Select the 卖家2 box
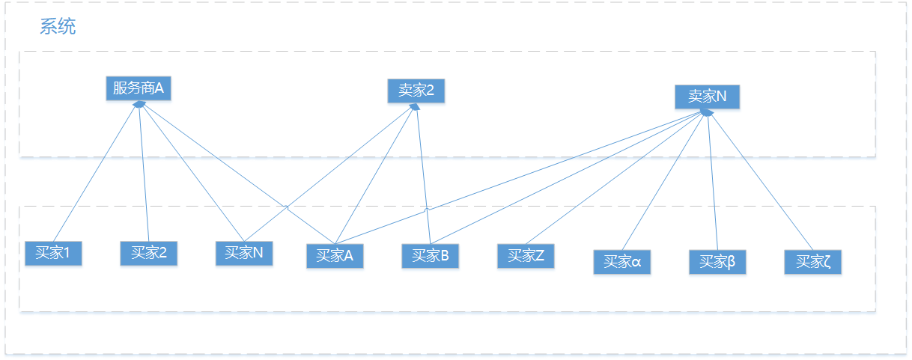tap(416, 91)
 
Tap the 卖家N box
tap(707, 97)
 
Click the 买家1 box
tap(52, 253)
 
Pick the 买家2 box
tap(148, 253)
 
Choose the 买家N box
tap(243, 253)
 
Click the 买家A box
tap(334, 256)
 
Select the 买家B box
tap(430, 256)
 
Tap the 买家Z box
tap(526, 256)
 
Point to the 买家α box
tap(621, 262)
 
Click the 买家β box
tap(717, 262)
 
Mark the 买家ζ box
tap(813, 262)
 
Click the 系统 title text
tap(58, 28)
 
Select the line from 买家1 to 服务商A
tap(95, 173)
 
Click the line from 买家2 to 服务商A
tap(143, 173)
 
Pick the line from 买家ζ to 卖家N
tap(760, 180)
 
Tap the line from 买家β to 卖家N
tap(712, 180)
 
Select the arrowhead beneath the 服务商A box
tap(138, 105)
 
